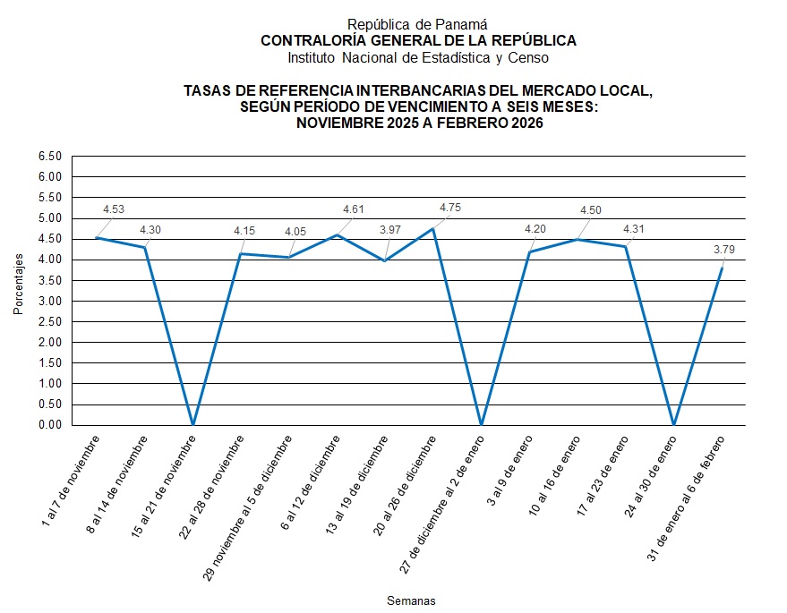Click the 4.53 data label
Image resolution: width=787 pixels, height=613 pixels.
pyautogui.click(x=114, y=209)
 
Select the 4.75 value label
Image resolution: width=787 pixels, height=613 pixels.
pyautogui.click(x=449, y=208)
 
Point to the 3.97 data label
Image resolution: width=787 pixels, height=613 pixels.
pyautogui.click(x=389, y=230)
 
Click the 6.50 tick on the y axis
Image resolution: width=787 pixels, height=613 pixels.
pyautogui.click(x=50, y=157)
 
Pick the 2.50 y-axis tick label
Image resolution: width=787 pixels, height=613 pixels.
pyautogui.click(x=50, y=322)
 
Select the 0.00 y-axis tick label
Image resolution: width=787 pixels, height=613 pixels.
pyautogui.click(x=50, y=425)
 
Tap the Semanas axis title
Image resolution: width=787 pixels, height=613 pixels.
pyautogui.click(x=411, y=600)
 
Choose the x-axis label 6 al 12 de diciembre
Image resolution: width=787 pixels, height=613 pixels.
pyautogui.click(x=312, y=483)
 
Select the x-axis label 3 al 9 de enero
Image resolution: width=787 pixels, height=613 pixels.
pyautogui.click(x=508, y=470)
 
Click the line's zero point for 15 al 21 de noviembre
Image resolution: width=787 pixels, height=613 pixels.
pyautogui.click(x=192, y=425)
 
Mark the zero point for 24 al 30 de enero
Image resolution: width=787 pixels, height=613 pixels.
pyautogui.click(x=673, y=425)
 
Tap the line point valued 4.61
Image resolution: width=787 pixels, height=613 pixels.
pyautogui.click(x=337, y=235)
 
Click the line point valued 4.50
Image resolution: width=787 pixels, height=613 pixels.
pyautogui.click(x=577, y=239)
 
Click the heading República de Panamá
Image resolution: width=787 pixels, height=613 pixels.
pyautogui.click(x=417, y=25)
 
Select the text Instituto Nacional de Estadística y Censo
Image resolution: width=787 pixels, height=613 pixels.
pyautogui.click(x=417, y=57)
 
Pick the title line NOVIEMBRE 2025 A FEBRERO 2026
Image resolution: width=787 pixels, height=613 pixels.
pyautogui.click(x=419, y=123)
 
